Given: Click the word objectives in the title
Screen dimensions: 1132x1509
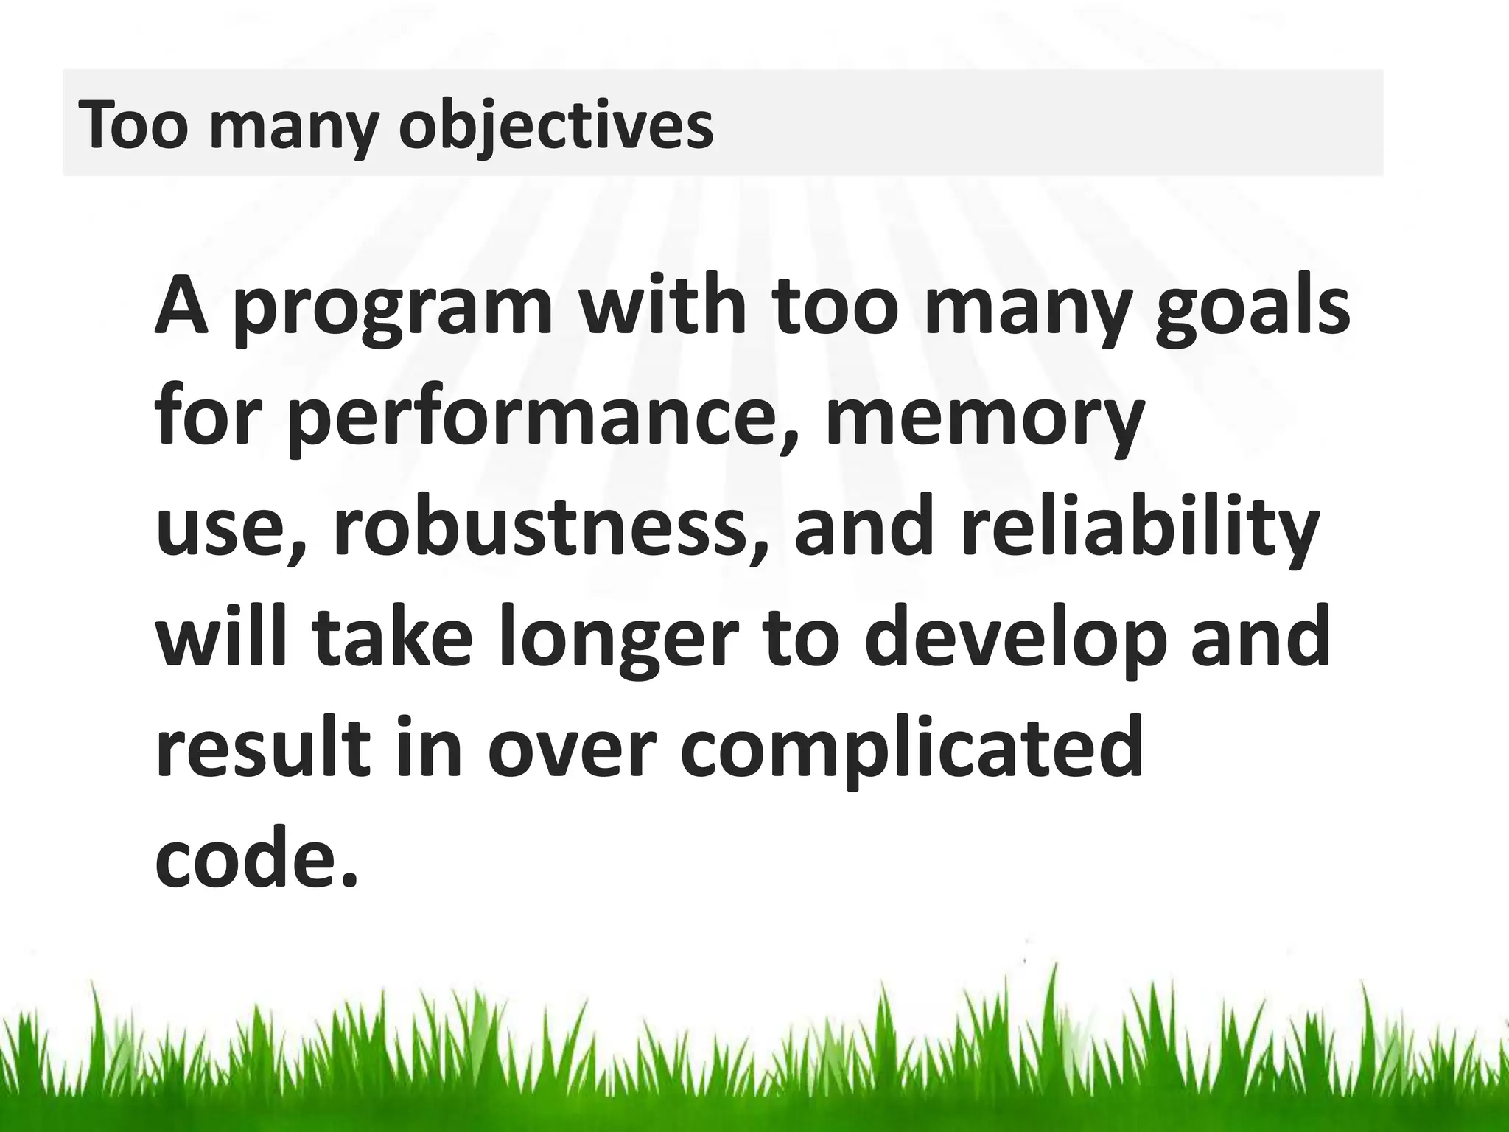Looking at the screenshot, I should coord(556,125).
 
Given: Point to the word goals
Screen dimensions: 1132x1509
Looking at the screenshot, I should coord(1252,307).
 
